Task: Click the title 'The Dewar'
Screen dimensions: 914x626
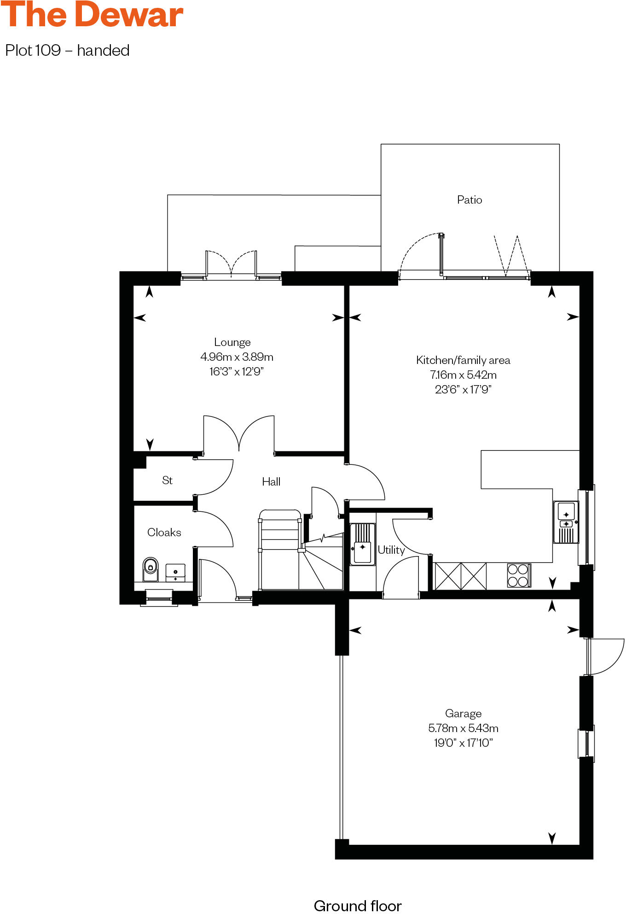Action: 92,15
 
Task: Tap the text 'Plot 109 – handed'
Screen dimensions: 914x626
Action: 67,50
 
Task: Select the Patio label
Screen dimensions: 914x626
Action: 469,199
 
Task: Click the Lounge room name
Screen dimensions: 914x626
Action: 232,342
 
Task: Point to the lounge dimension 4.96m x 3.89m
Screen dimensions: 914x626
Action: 237,357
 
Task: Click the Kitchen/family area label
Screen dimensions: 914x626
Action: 463,360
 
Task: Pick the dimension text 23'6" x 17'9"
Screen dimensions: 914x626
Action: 463,389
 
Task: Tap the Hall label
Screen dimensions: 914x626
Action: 271,481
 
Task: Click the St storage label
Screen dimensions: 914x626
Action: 167,480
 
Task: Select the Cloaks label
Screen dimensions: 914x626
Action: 164,532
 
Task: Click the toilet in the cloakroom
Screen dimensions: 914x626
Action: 150,568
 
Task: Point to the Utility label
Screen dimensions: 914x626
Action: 391,550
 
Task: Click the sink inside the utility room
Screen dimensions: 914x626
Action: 362,544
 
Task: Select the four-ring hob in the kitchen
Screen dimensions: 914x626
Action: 518,575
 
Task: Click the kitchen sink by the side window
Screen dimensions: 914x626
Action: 566,522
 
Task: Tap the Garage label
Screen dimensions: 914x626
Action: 463,713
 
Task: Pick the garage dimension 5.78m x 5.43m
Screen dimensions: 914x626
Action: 463,728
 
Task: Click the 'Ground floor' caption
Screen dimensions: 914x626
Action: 357,906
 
